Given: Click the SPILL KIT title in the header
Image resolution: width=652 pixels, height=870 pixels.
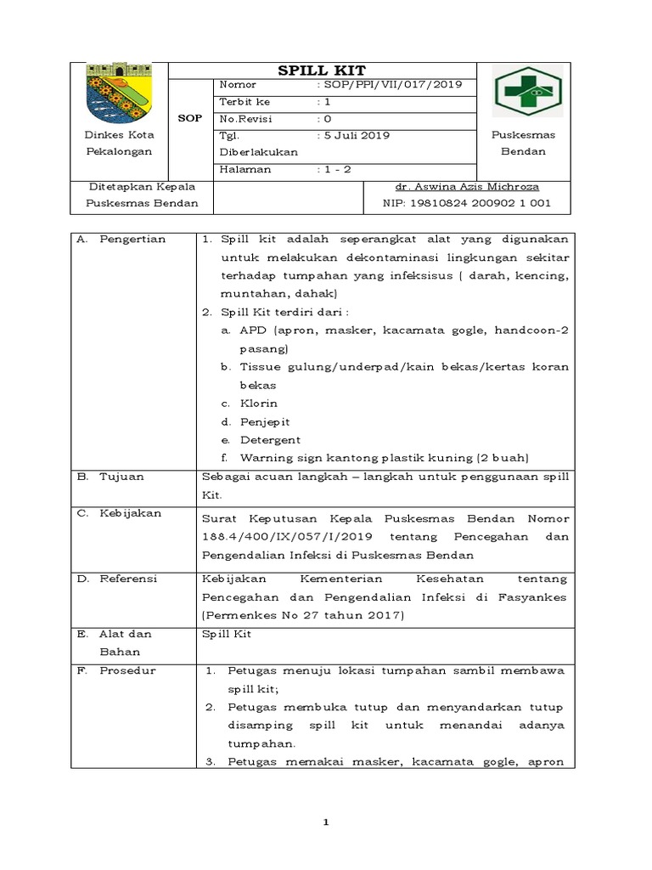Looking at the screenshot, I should pos(323,71).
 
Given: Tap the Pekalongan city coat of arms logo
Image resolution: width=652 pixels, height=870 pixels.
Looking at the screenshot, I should pos(118,92).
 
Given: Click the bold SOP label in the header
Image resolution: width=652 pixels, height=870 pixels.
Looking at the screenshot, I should pos(189,118).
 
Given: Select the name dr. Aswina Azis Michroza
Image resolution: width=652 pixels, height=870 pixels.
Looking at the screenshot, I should pos(466,186).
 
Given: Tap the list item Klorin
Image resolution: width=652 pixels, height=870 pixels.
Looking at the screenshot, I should pos(258,404).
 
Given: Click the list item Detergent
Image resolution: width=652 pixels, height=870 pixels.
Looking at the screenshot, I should pos(270,440).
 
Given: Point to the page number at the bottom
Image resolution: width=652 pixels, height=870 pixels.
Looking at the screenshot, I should pos(325,822).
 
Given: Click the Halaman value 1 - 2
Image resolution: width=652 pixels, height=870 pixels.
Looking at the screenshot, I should pos(334,168).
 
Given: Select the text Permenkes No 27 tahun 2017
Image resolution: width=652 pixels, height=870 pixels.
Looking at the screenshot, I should pos(301,614).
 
